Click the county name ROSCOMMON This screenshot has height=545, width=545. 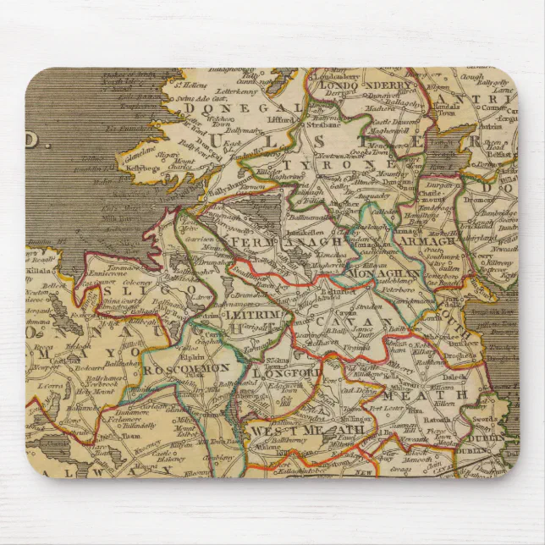click(187, 369)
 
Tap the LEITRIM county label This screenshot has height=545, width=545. click(250, 315)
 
